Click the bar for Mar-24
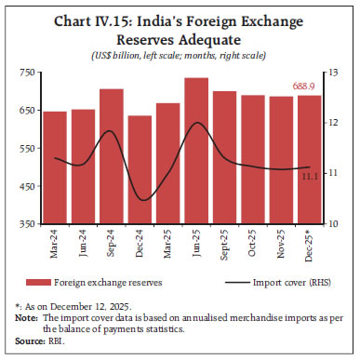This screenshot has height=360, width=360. click(55, 167)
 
